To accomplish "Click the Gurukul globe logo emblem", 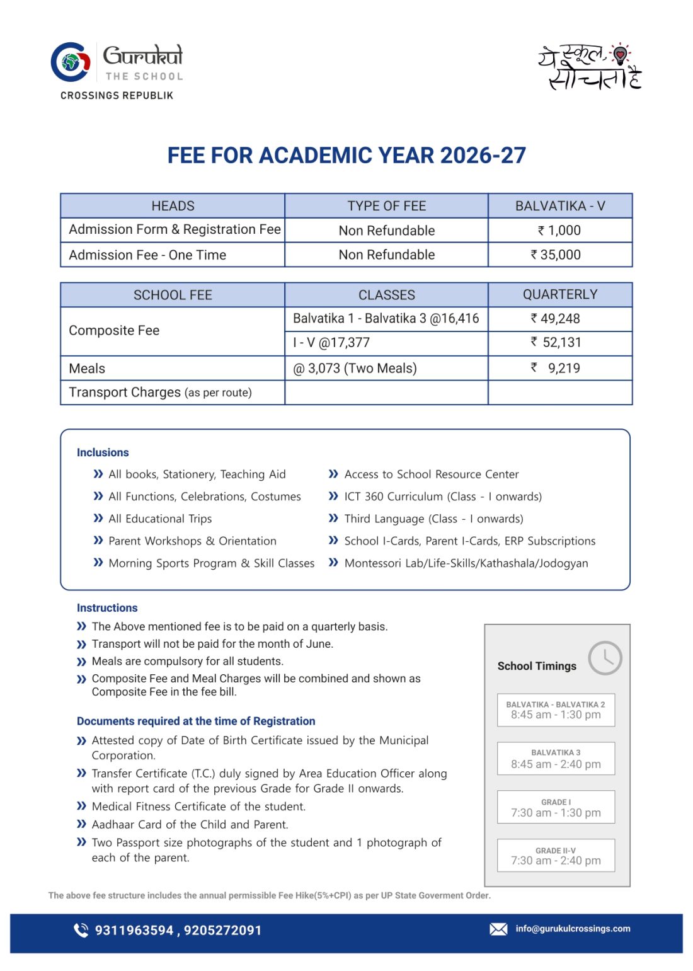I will click(x=71, y=62).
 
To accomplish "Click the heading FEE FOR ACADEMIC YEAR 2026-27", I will click(x=346, y=156).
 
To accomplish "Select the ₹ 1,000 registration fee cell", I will click(x=559, y=231).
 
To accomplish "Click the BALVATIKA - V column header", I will click(x=559, y=206).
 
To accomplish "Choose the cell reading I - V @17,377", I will click(x=331, y=343).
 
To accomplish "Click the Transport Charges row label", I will click(x=160, y=393).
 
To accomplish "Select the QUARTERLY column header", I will click(x=559, y=294).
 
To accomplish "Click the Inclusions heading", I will click(x=103, y=452).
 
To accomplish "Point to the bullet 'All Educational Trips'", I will click(x=160, y=519).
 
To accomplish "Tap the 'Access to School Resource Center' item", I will click(x=431, y=474).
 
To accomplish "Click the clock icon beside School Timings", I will click(x=605, y=658).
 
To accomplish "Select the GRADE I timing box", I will click(x=556, y=807).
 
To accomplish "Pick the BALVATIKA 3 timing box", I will click(x=556, y=759).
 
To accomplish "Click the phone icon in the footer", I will click(x=81, y=930).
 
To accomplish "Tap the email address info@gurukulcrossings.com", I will click(x=573, y=929).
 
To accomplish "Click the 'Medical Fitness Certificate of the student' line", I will click(x=198, y=807).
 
